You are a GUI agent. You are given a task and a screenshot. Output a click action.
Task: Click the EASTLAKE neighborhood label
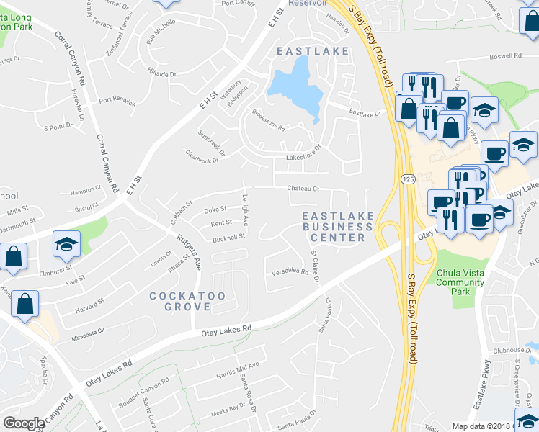click(x=313, y=52)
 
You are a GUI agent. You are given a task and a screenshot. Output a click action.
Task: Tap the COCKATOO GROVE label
click(x=180, y=301)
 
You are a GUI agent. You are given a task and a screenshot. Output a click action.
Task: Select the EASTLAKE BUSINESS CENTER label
click(x=337, y=227)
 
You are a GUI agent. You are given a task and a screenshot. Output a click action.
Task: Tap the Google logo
click(x=24, y=423)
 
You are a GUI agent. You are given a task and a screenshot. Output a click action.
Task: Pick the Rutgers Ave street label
click(x=190, y=248)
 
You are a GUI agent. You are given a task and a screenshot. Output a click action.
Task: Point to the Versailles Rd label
click(x=290, y=271)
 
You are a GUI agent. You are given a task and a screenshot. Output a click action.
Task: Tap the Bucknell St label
click(x=229, y=235)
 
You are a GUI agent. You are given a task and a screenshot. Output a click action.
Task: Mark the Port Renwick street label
click(x=117, y=102)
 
